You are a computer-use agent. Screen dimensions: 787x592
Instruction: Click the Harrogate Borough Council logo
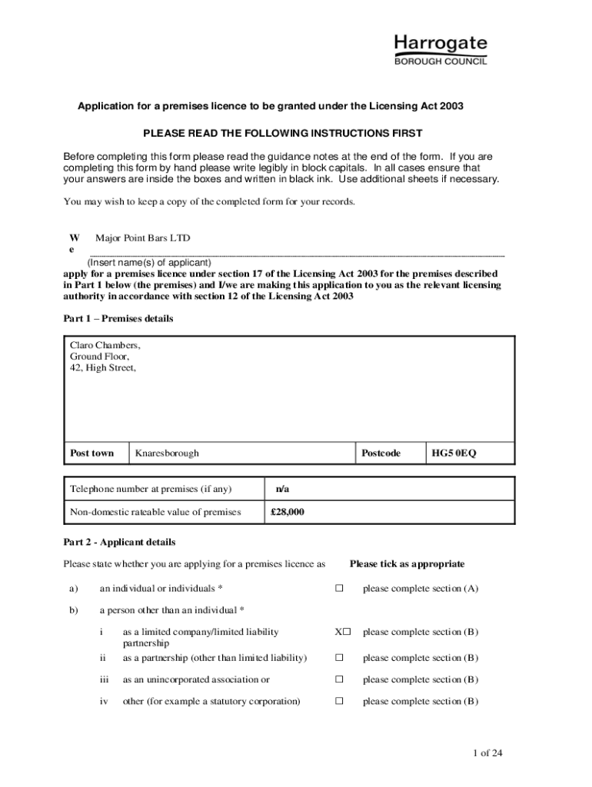point(441,50)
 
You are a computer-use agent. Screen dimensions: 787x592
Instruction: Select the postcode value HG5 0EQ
point(454,453)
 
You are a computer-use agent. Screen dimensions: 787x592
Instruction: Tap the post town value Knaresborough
point(167,453)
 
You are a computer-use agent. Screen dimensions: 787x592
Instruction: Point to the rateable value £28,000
point(288,512)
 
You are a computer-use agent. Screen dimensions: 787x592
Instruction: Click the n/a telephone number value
point(282,490)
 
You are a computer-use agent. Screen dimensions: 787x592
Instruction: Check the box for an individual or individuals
point(338,589)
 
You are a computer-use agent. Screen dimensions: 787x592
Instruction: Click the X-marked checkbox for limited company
point(342,633)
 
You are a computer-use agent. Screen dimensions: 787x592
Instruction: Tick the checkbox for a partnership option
point(338,658)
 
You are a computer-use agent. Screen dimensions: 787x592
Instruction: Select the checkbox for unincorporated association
point(338,679)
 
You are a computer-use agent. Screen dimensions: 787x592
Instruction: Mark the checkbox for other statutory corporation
point(338,702)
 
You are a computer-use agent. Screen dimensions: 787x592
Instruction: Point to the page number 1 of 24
point(488,753)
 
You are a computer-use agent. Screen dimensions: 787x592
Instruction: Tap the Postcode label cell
point(381,453)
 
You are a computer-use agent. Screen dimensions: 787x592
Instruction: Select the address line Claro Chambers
point(105,346)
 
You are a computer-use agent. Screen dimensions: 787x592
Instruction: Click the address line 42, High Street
point(103,367)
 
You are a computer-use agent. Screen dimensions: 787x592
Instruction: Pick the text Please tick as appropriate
point(407,564)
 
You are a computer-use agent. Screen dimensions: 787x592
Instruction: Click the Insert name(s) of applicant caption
point(148,262)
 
